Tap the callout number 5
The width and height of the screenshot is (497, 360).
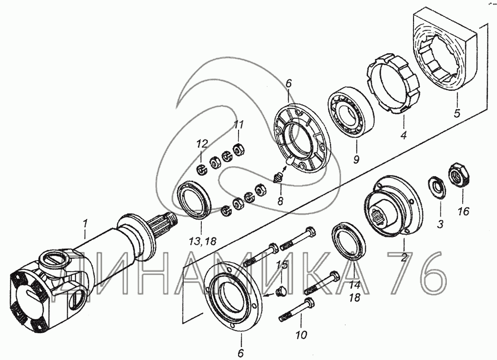pos(456,113)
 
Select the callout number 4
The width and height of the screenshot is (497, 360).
pos(404,134)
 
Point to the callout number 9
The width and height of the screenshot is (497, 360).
pos(356,160)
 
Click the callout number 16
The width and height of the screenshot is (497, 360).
pos(463,212)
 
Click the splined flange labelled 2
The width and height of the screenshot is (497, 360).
pos(393,206)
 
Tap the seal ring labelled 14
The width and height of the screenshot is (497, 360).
pos(348,242)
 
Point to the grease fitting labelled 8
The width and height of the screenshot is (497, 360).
pos(279,177)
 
